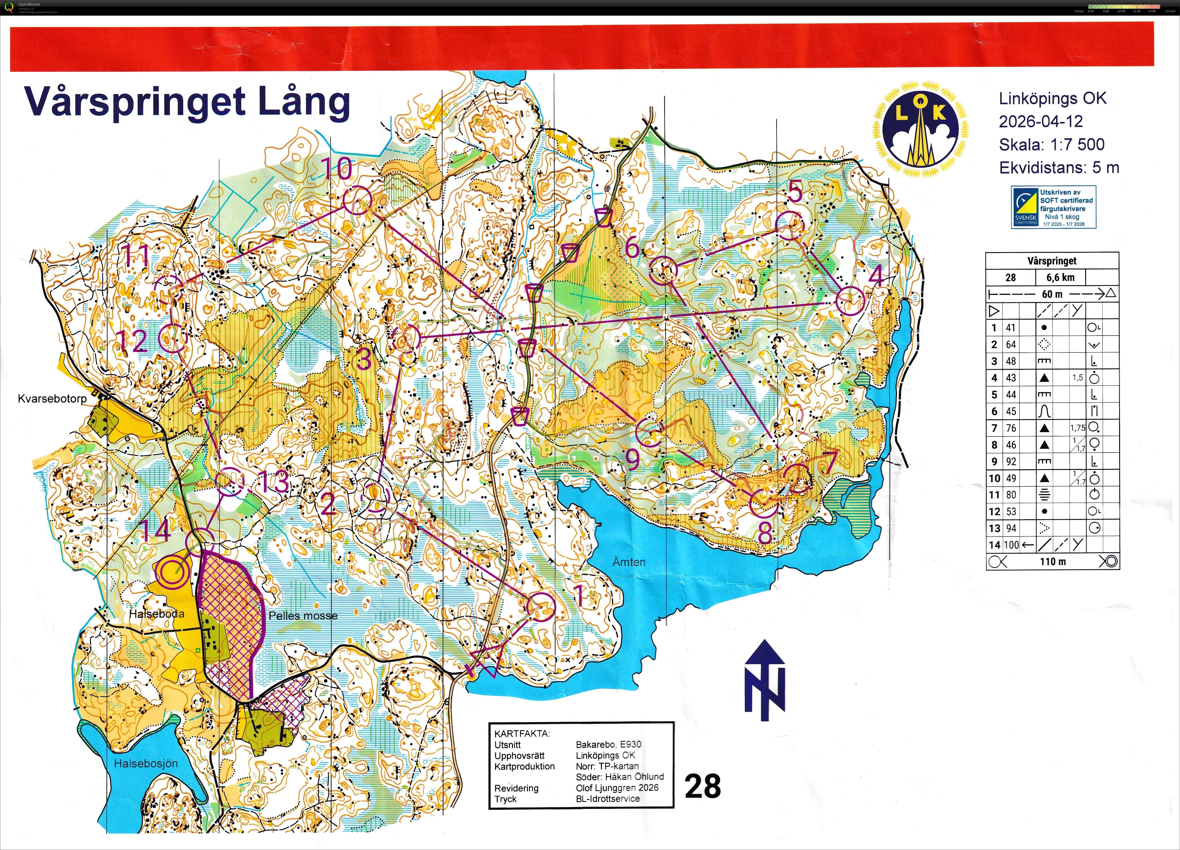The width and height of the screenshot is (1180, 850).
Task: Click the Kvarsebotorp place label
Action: pos(52,399)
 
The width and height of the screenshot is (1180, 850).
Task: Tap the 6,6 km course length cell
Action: pos(1060,277)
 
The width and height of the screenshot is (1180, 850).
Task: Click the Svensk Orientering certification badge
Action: pos(1053,207)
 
